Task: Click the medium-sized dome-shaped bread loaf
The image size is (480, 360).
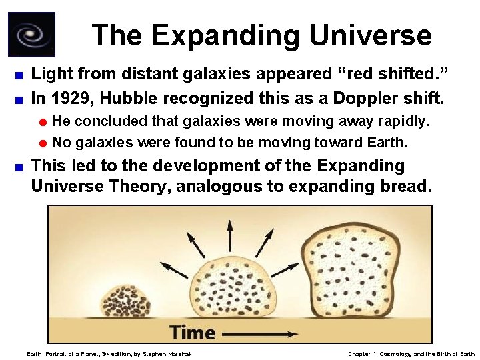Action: coord(231,287)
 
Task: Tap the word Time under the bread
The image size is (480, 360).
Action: coord(193,332)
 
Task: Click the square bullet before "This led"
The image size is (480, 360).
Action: coord(21,166)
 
